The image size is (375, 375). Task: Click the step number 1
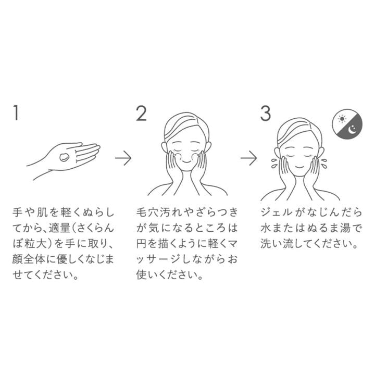coord(16,113)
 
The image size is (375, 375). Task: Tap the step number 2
coord(141,113)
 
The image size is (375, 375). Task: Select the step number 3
coord(266,113)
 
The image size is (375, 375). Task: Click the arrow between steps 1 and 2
coord(123,158)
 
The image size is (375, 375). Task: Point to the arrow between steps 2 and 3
coord(248,158)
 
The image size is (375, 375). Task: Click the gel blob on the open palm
coord(64,157)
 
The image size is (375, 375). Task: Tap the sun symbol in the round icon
coord(342,119)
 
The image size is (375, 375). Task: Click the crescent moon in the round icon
coord(352,130)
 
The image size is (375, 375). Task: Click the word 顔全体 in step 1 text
coord(29,259)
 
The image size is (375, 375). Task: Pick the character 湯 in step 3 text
coord(345,228)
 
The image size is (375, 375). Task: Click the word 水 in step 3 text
coord(266,228)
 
